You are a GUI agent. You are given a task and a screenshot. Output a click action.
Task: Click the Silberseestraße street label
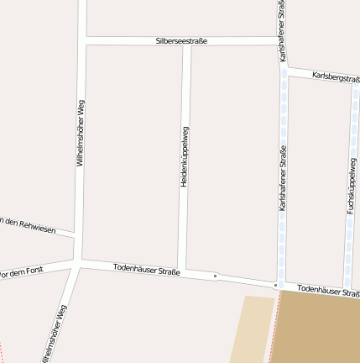[x=181, y=40]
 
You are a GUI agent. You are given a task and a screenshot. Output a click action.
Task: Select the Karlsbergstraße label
[x=335, y=77]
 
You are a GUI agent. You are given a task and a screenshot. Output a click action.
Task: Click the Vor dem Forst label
[x=20, y=273]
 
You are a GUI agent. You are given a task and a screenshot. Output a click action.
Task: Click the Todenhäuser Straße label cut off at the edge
[x=328, y=291]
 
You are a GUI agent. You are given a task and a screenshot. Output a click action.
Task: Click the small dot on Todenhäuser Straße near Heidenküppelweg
[x=215, y=276]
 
